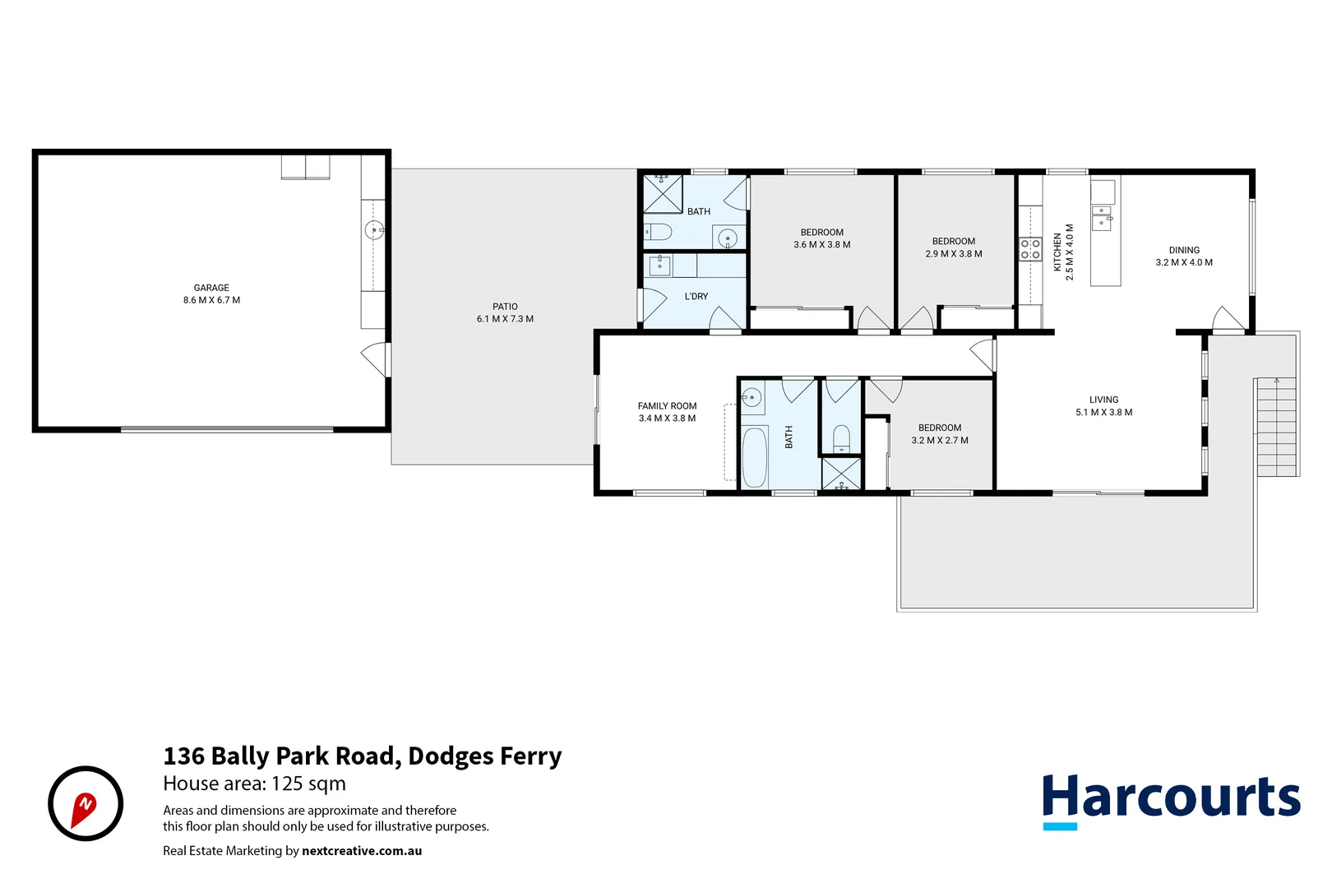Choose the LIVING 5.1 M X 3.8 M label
pyautogui.click(x=1103, y=405)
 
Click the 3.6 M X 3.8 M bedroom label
pyautogui.click(x=821, y=244)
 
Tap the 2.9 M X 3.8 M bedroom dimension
pyautogui.click(x=953, y=254)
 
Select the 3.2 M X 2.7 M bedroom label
pyautogui.click(x=939, y=440)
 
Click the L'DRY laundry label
pyautogui.click(x=696, y=296)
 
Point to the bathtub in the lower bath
pyautogui.click(x=754, y=457)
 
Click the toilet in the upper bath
pyautogui.click(x=659, y=232)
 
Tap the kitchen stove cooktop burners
pyautogui.click(x=1030, y=249)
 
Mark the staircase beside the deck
pyautogui.click(x=1276, y=427)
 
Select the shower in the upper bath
pyautogui.click(x=663, y=193)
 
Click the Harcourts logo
pyautogui.click(x=1170, y=800)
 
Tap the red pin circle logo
pyautogui.click(x=86, y=803)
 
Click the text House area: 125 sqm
pyautogui.click(x=254, y=784)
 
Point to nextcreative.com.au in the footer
pyautogui.click(x=361, y=851)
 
